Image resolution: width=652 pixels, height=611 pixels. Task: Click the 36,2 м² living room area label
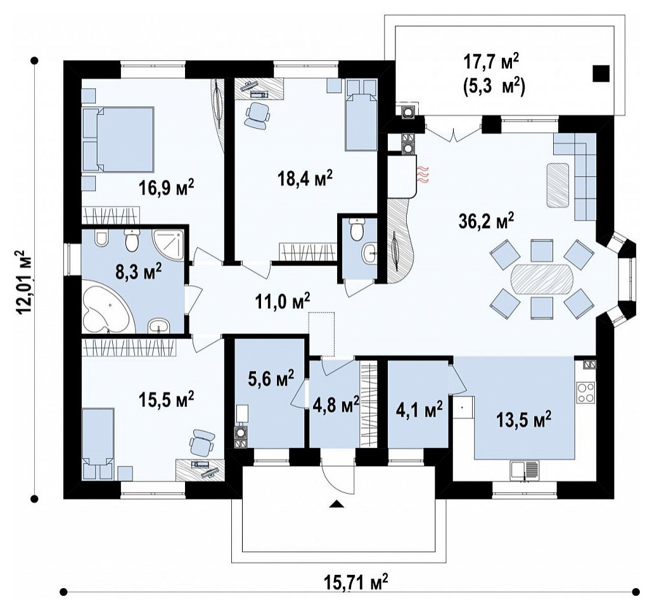[486, 221]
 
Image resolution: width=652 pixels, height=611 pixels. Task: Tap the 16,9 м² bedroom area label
[167, 188]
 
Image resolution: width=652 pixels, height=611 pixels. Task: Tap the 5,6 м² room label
[272, 378]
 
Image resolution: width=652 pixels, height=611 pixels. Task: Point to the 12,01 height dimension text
[23, 283]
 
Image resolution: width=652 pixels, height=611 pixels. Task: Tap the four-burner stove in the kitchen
[585, 392]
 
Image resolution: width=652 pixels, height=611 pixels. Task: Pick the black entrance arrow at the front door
[337, 505]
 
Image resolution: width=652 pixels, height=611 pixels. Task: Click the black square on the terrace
[601, 74]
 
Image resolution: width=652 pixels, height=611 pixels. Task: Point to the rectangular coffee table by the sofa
[557, 185]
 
